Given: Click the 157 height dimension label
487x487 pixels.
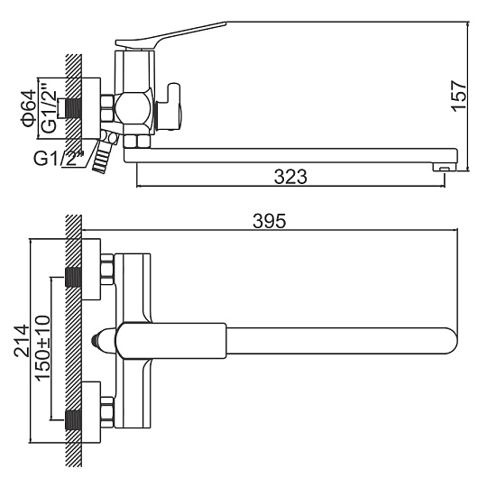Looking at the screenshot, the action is tap(459, 95).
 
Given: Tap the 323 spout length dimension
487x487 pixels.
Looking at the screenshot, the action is tap(290, 177).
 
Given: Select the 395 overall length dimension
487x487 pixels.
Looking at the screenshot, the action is tap(269, 221).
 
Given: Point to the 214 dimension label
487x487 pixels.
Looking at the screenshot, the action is tap(21, 340).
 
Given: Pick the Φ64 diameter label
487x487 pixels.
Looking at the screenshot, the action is tap(29, 108).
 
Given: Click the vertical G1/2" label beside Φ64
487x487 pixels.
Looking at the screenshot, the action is tap(49, 107).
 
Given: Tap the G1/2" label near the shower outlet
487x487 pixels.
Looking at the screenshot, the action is tap(60, 158).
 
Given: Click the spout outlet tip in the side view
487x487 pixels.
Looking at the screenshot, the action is tap(445, 168).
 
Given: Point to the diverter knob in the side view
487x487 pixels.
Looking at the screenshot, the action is tap(170, 106).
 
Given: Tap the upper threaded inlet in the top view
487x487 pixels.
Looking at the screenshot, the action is tap(73, 277).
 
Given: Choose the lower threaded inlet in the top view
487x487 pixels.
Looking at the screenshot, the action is tap(73, 420).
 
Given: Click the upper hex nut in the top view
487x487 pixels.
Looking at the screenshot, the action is tap(107, 270).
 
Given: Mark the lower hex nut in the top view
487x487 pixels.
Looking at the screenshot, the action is tap(107, 413).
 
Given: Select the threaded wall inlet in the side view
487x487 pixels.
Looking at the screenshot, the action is tap(73, 108).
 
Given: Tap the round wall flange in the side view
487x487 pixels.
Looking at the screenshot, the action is tap(91, 108).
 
